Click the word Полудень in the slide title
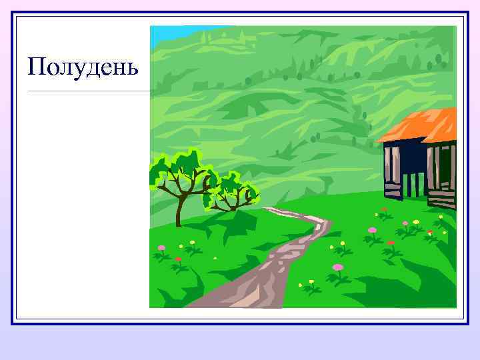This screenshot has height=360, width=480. tap(83, 67)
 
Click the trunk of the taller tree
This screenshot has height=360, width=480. tap(179, 210)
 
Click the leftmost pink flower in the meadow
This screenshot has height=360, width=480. tap(161, 248)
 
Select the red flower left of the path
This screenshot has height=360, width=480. tap(178, 259)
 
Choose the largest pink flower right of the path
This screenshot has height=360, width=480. tap(338, 267)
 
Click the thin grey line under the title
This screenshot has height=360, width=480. tap(87, 91)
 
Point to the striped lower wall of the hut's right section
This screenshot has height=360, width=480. tap(441, 197)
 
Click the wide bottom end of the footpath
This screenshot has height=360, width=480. tap(220, 300)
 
